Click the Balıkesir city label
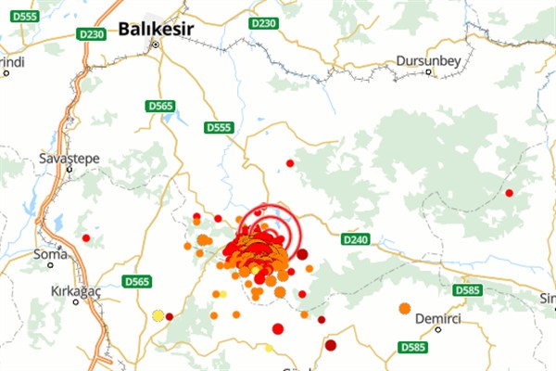155,30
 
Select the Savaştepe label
69,157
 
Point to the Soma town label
50,253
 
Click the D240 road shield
356,238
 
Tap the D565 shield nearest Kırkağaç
136,281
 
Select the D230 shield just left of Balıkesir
91,34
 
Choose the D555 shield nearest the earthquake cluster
220,127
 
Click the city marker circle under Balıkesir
156,44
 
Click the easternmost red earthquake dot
509,193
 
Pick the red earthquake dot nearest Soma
86,238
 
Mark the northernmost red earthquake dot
290,163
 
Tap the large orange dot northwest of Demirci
404,308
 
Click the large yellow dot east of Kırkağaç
157,315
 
